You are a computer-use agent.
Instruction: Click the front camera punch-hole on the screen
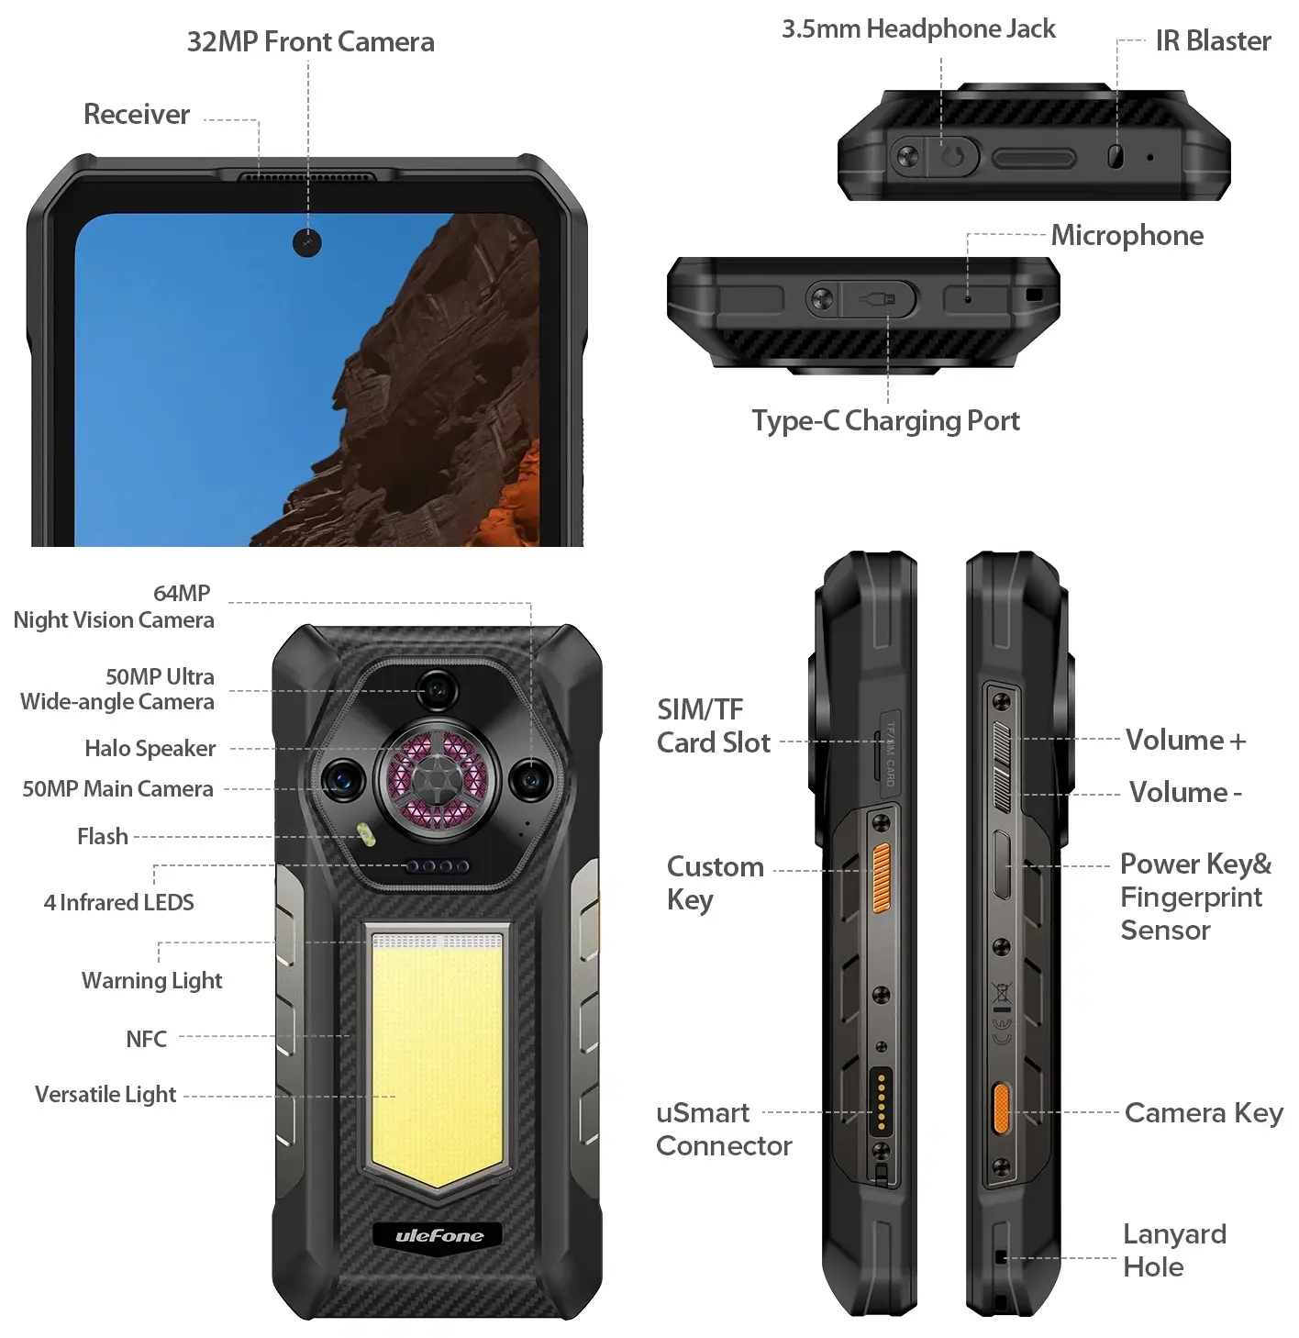[x=306, y=242]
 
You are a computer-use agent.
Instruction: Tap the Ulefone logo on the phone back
[x=439, y=1236]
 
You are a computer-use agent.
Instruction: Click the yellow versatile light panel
[x=437, y=1060]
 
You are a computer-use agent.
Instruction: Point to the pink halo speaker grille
[x=437, y=780]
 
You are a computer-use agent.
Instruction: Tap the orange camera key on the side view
[x=1002, y=1109]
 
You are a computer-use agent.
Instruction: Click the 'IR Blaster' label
[x=1213, y=40]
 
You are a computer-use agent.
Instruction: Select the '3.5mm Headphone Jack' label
[x=918, y=28]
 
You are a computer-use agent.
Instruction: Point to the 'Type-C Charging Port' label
[x=885, y=421]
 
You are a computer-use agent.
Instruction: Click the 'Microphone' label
[x=1127, y=235]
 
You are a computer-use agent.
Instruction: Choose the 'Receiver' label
[x=136, y=114]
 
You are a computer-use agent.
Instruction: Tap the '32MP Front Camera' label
[x=311, y=42]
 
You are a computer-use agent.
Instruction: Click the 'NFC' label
[x=147, y=1038]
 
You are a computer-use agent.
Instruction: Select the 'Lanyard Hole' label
[x=1174, y=1251]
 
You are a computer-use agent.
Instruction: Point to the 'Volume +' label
[x=1185, y=741]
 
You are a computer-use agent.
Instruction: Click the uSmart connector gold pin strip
[x=881, y=1101]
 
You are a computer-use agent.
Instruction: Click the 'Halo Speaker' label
[x=150, y=748]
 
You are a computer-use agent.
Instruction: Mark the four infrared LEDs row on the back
[x=437, y=865]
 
